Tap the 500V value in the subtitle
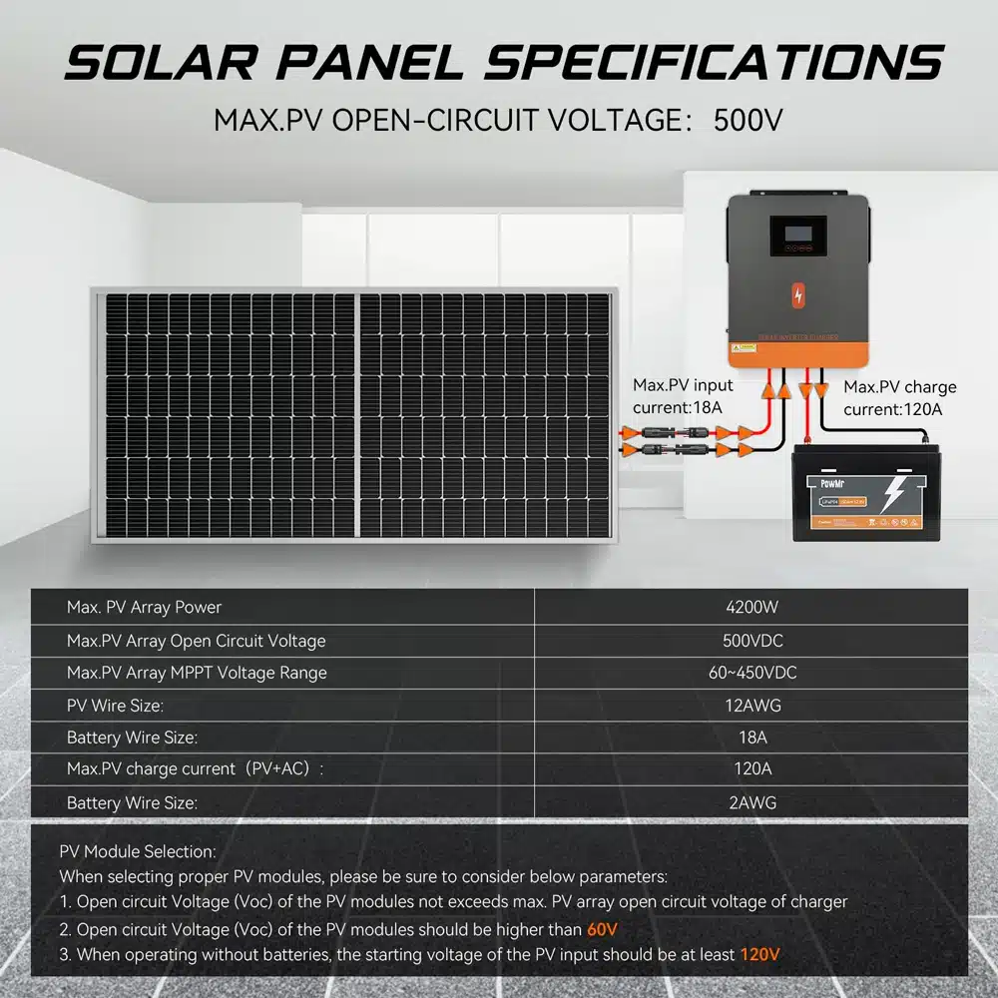coord(748,120)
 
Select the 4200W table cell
coord(751,607)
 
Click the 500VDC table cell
coord(751,640)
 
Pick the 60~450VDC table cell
coord(751,673)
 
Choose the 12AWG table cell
coord(751,706)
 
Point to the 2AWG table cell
coord(751,801)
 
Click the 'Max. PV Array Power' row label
coord(144,607)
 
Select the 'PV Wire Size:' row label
coord(115,706)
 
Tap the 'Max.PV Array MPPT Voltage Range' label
coord(197,673)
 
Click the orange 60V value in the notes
coord(602,929)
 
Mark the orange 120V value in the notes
coord(759,954)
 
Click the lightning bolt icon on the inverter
coord(796,295)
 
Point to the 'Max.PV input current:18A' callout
coord(683,396)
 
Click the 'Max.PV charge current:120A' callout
coord(899,398)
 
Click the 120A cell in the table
coord(751,768)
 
